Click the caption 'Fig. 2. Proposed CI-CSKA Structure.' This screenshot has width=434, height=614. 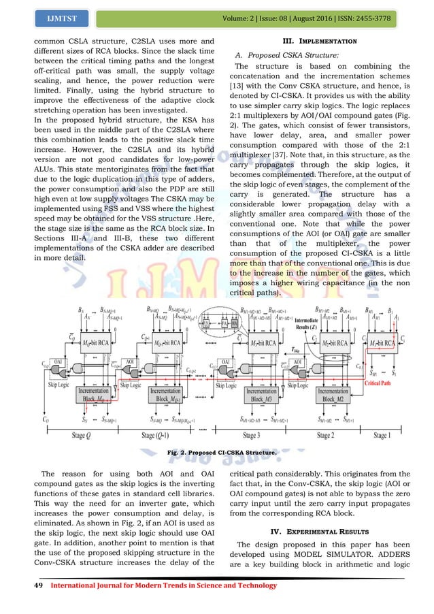click(x=217, y=451)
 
